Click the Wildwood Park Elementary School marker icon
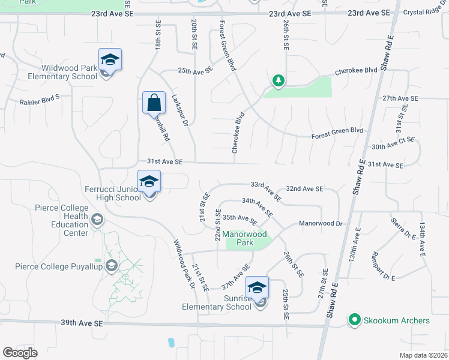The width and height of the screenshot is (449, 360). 110,61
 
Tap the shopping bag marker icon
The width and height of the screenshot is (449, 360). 154,103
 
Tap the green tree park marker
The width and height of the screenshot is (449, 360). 277,80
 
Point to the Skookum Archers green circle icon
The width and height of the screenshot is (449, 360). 354,320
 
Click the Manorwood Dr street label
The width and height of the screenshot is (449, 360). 321,223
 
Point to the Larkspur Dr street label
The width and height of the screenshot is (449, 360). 179,109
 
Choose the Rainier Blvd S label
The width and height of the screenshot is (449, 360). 40,100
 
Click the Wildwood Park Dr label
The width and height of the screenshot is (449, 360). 185,265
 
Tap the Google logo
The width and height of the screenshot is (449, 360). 20,352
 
